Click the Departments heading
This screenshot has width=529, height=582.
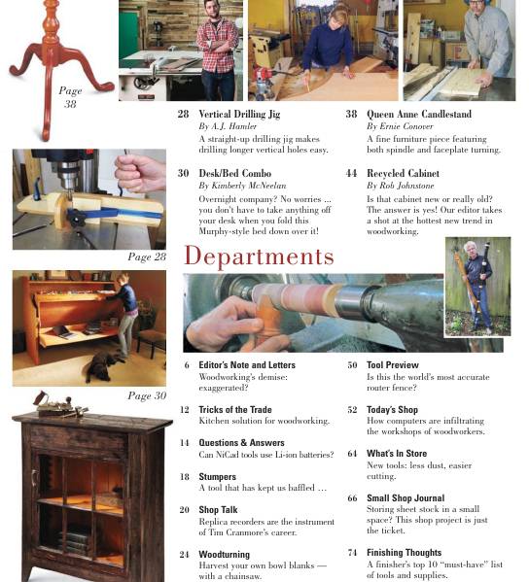tap(259, 257)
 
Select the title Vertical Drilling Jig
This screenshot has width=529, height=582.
tap(239, 114)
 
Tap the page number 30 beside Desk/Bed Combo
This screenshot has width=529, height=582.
tap(183, 173)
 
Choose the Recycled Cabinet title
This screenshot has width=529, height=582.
tap(403, 173)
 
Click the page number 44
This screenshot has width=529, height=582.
tap(351, 173)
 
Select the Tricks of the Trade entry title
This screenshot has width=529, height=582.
tap(235, 410)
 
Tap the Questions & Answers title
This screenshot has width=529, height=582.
tap(241, 442)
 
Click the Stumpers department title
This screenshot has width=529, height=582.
tap(218, 477)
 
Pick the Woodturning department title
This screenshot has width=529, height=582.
tap(224, 554)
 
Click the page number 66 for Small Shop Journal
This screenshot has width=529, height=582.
tap(352, 498)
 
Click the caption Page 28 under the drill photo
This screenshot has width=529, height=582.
tap(147, 257)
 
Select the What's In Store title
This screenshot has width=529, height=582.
tap(396, 453)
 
